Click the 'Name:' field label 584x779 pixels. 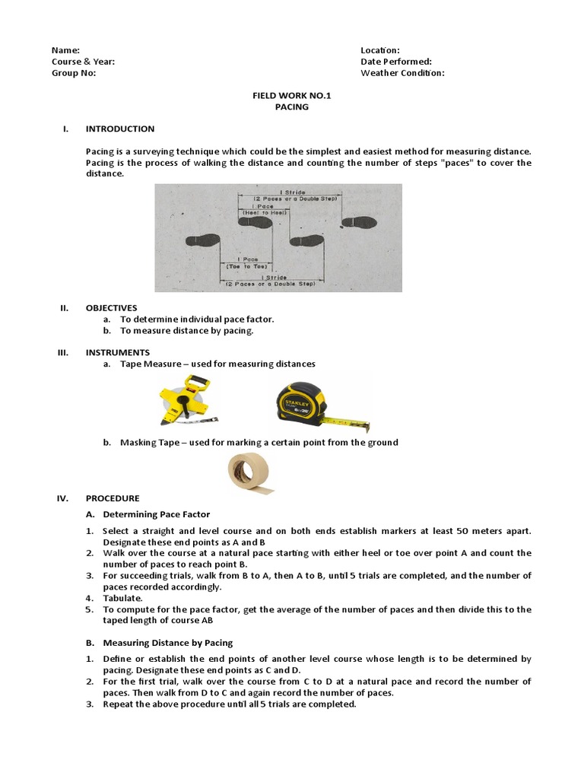pos(65,50)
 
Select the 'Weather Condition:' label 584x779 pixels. pos(402,73)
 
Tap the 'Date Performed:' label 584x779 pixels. pos(396,62)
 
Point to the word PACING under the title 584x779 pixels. pos(292,107)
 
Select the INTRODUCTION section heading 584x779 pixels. pos(120,129)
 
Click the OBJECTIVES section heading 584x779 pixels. pos(112,308)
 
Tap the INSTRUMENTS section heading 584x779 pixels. pos(118,352)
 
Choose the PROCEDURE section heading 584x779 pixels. pos(113,498)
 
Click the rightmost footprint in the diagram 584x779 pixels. pos(359,222)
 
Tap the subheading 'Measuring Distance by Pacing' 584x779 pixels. pos(168,643)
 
